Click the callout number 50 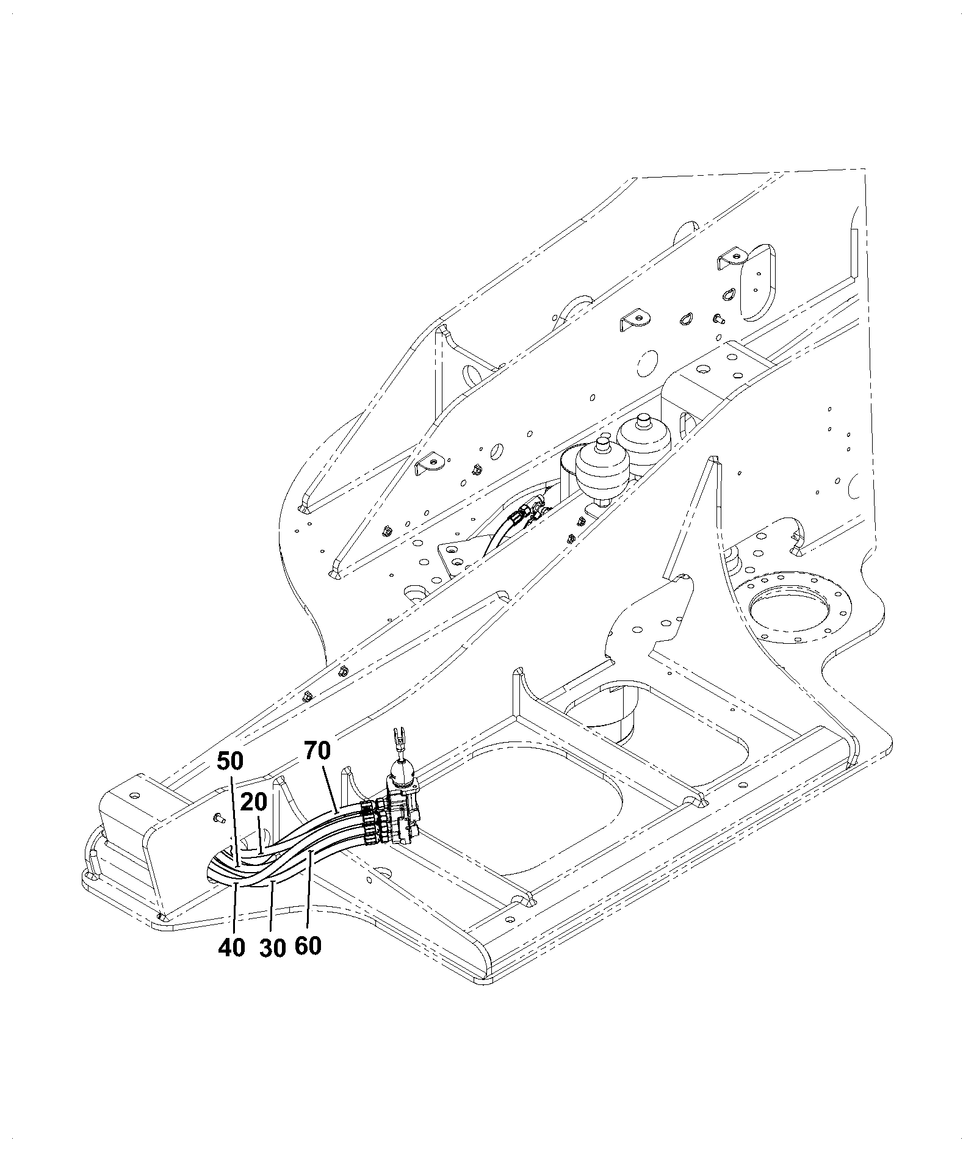point(231,761)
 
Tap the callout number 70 point(317,751)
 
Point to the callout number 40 point(231,948)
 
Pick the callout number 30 point(272,948)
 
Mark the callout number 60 point(308,946)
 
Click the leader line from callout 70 point(330,787)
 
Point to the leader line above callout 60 point(310,892)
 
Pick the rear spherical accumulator point(643,437)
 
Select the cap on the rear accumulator point(643,420)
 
